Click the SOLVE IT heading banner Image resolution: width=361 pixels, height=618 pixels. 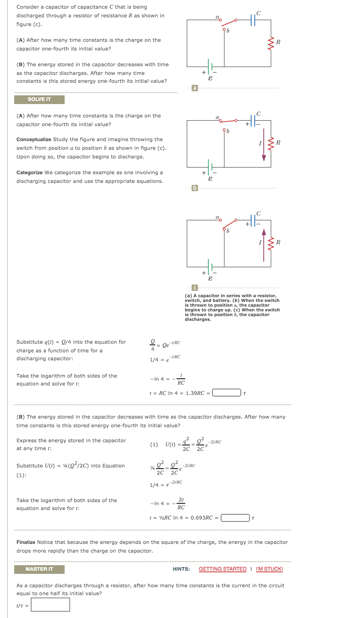pos(39,99)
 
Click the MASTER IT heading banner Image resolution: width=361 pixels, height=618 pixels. pos(39,569)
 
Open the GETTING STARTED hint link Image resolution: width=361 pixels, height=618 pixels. pos(222,569)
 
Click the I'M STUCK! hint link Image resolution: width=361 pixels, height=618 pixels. pos(269,569)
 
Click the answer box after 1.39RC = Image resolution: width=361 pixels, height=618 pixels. pos(227,393)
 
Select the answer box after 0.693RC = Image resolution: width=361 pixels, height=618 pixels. pos(235,517)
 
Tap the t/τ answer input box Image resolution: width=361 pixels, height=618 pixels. pos(50,605)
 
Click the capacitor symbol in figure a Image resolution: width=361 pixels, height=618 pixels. pos(253,20)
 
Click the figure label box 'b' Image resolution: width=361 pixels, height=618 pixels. pos(194,188)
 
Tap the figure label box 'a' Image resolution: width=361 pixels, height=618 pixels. pos(194,88)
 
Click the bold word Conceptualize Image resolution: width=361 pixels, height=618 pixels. pos(34,140)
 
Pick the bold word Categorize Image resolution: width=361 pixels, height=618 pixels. pos(30,173)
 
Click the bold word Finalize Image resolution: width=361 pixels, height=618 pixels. pos(26,542)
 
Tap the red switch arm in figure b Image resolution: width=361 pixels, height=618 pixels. pos(227,120)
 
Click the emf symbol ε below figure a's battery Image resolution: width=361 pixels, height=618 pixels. pos(210,78)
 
